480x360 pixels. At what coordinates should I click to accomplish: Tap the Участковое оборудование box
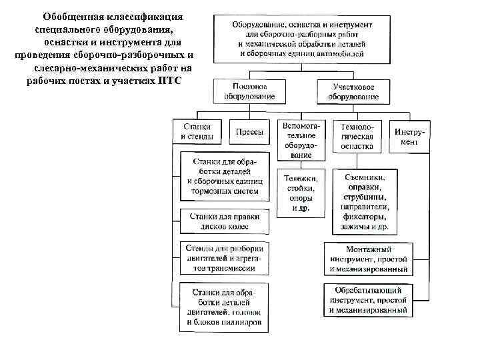(x=353, y=92)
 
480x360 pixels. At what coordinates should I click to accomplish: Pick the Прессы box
(x=249, y=132)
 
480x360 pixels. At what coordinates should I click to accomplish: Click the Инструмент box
(x=409, y=137)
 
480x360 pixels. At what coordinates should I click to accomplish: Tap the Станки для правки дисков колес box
(x=224, y=221)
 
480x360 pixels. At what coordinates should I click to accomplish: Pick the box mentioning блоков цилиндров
(x=224, y=307)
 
